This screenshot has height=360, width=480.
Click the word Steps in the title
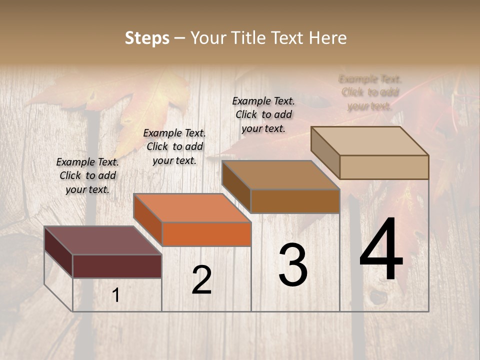[147, 38]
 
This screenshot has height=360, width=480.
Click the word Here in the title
[327, 38]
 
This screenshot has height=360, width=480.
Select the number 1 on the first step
[116, 295]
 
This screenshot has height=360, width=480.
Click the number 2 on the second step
[201, 280]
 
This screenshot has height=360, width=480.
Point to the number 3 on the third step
[293, 265]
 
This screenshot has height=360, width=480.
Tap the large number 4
[381, 249]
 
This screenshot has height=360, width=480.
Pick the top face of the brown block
[280, 175]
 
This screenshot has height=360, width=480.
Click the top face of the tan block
[370, 141]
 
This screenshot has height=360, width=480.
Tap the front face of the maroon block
[117, 266]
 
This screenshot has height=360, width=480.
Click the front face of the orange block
[206, 234]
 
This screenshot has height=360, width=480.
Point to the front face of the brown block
[295, 201]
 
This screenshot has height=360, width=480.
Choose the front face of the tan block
[384, 167]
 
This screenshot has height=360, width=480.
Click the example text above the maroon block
[87, 175]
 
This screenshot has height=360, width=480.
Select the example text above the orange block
[174, 146]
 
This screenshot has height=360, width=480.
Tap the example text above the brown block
[263, 114]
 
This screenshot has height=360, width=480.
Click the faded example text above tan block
[370, 92]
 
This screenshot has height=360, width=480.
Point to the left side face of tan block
[325, 152]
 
